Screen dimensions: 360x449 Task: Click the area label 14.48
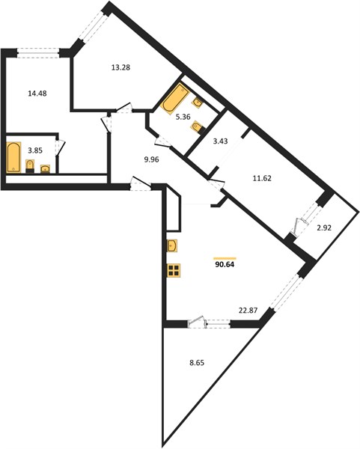[37, 94]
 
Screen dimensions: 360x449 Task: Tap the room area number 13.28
[120, 67]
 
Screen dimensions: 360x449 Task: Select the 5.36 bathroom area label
[183, 117]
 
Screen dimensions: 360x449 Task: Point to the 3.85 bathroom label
[35, 150]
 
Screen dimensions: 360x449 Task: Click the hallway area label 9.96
[151, 160]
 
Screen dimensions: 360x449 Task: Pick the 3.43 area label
[221, 141]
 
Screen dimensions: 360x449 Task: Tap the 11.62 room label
[262, 178]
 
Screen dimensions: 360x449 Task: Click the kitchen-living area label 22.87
[248, 310]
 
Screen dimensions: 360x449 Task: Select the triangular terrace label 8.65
[197, 363]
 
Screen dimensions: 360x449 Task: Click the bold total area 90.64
[225, 265]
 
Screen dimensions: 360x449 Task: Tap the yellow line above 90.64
[225, 258]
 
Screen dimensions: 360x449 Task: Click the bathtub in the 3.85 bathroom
[13, 157]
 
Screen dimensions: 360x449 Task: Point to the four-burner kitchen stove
[174, 270]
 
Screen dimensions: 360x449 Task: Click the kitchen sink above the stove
[172, 246]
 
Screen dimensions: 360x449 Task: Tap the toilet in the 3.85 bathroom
[30, 166]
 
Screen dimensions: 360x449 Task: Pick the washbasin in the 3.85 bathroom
[45, 169]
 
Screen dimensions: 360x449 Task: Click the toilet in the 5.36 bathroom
[198, 128]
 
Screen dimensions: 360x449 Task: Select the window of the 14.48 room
[38, 53]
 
